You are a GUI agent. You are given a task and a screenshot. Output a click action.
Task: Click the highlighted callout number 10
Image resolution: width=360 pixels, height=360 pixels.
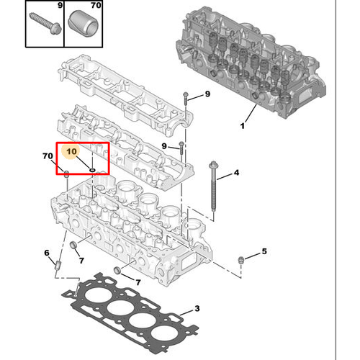coord(71,151)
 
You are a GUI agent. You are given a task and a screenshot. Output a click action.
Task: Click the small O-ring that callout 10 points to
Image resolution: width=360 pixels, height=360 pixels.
coord(92,170)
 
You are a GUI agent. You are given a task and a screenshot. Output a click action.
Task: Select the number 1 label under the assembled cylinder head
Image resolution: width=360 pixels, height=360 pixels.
coord(243,126)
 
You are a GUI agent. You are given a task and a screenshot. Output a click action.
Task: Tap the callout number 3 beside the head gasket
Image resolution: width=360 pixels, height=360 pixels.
coord(197,308)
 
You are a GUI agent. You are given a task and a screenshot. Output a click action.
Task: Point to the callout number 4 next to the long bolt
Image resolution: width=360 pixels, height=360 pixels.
coord(236,172)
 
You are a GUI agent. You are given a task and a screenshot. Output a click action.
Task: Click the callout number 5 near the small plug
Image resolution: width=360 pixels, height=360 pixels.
coord(264,251)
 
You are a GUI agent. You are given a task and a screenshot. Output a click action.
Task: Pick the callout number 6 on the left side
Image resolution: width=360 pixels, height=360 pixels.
coord(47,253)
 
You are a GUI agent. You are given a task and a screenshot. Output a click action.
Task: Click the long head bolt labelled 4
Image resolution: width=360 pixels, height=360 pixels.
coord(213,186)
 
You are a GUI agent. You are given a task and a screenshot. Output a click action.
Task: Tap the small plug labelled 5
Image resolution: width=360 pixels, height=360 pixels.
coord(240,260)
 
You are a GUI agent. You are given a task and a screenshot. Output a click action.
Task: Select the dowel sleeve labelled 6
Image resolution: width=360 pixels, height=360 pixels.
coord(58,265)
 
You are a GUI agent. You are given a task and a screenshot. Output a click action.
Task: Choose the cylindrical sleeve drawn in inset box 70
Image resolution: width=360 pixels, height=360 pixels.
coord(84,24)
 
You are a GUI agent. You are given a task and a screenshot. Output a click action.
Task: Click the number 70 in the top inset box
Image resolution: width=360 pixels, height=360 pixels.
coord(96,5)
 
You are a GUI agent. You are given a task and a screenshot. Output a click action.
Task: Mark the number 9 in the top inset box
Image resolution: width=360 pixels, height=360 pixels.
coord(60,5)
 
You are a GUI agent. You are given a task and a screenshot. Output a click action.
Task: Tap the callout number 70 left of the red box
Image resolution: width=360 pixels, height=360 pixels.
coord(48,156)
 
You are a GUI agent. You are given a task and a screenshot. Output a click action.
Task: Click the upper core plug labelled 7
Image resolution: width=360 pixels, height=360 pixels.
coord(73,245)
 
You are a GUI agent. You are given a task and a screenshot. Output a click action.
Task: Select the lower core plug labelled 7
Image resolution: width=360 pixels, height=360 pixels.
coord(117,270)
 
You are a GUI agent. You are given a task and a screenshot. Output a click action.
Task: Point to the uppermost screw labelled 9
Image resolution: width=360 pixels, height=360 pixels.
coord(186,99)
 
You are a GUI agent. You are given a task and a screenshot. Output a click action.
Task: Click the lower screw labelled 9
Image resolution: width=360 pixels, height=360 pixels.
coord(181,148)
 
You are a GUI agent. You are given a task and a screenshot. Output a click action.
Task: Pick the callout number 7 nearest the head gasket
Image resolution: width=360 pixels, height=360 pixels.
coord(138,282)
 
